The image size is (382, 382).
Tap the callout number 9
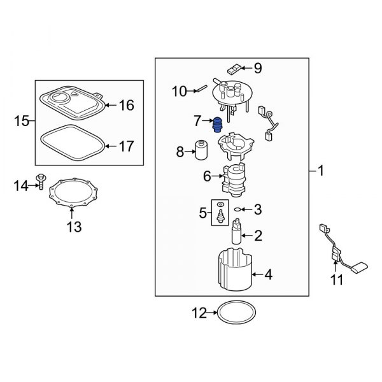click(258, 68)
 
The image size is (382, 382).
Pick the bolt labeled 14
click(41, 186)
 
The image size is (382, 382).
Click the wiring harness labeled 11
click(334, 251)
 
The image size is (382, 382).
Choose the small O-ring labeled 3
click(237, 208)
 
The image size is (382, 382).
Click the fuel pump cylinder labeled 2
click(237, 234)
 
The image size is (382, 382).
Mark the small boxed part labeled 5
click(220, 216)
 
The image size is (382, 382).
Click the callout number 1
click(322, 171)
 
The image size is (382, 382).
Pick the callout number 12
click(199, 313)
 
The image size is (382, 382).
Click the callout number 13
click(74, 226)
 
